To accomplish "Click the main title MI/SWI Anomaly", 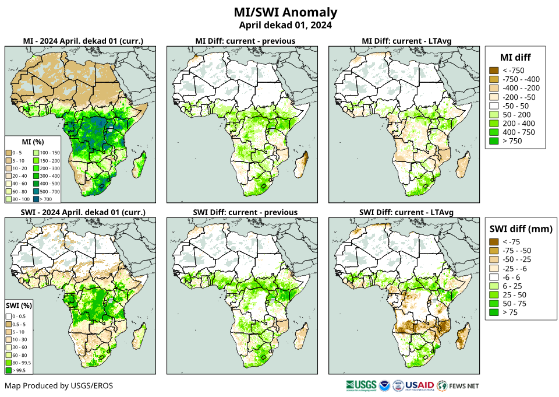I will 285,12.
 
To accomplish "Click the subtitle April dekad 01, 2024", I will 285,25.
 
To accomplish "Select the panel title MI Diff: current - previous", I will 245,41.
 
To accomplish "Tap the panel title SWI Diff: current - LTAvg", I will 406,212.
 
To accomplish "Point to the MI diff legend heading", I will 515,57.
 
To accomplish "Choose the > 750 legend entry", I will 512,141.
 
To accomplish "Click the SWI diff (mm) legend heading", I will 520,228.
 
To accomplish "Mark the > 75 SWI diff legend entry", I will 510,312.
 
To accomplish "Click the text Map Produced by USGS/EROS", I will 59,386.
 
